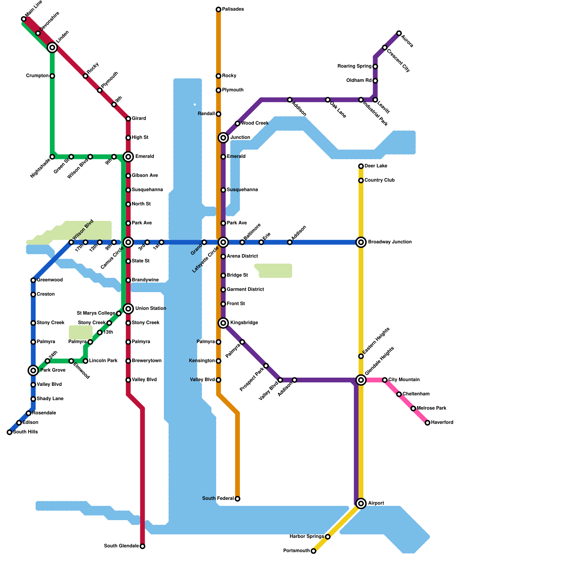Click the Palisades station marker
218,9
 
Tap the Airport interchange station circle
361,503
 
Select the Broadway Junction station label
390,242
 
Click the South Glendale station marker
142,546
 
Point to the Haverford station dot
427,423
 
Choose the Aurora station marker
399,33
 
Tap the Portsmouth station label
296,551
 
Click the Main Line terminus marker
24,19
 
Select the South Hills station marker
10,432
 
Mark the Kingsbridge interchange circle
223,323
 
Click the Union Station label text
151,309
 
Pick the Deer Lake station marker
361,166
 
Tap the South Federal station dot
238,499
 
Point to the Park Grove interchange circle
33,370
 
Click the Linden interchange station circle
52,47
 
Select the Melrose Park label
431,408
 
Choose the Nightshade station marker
52,157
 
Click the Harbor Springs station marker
328,537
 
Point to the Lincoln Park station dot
85,361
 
